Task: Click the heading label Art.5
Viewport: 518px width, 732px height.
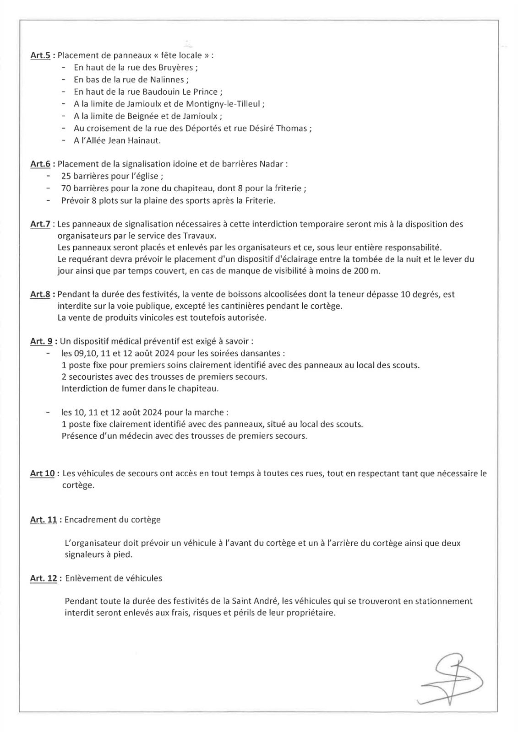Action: [40, 55]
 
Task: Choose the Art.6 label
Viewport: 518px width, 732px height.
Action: [40, 164]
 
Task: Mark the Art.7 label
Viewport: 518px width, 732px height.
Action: [40, 224]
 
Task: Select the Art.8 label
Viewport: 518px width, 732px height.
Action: [40, 294]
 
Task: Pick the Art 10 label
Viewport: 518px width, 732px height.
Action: [42, 474]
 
